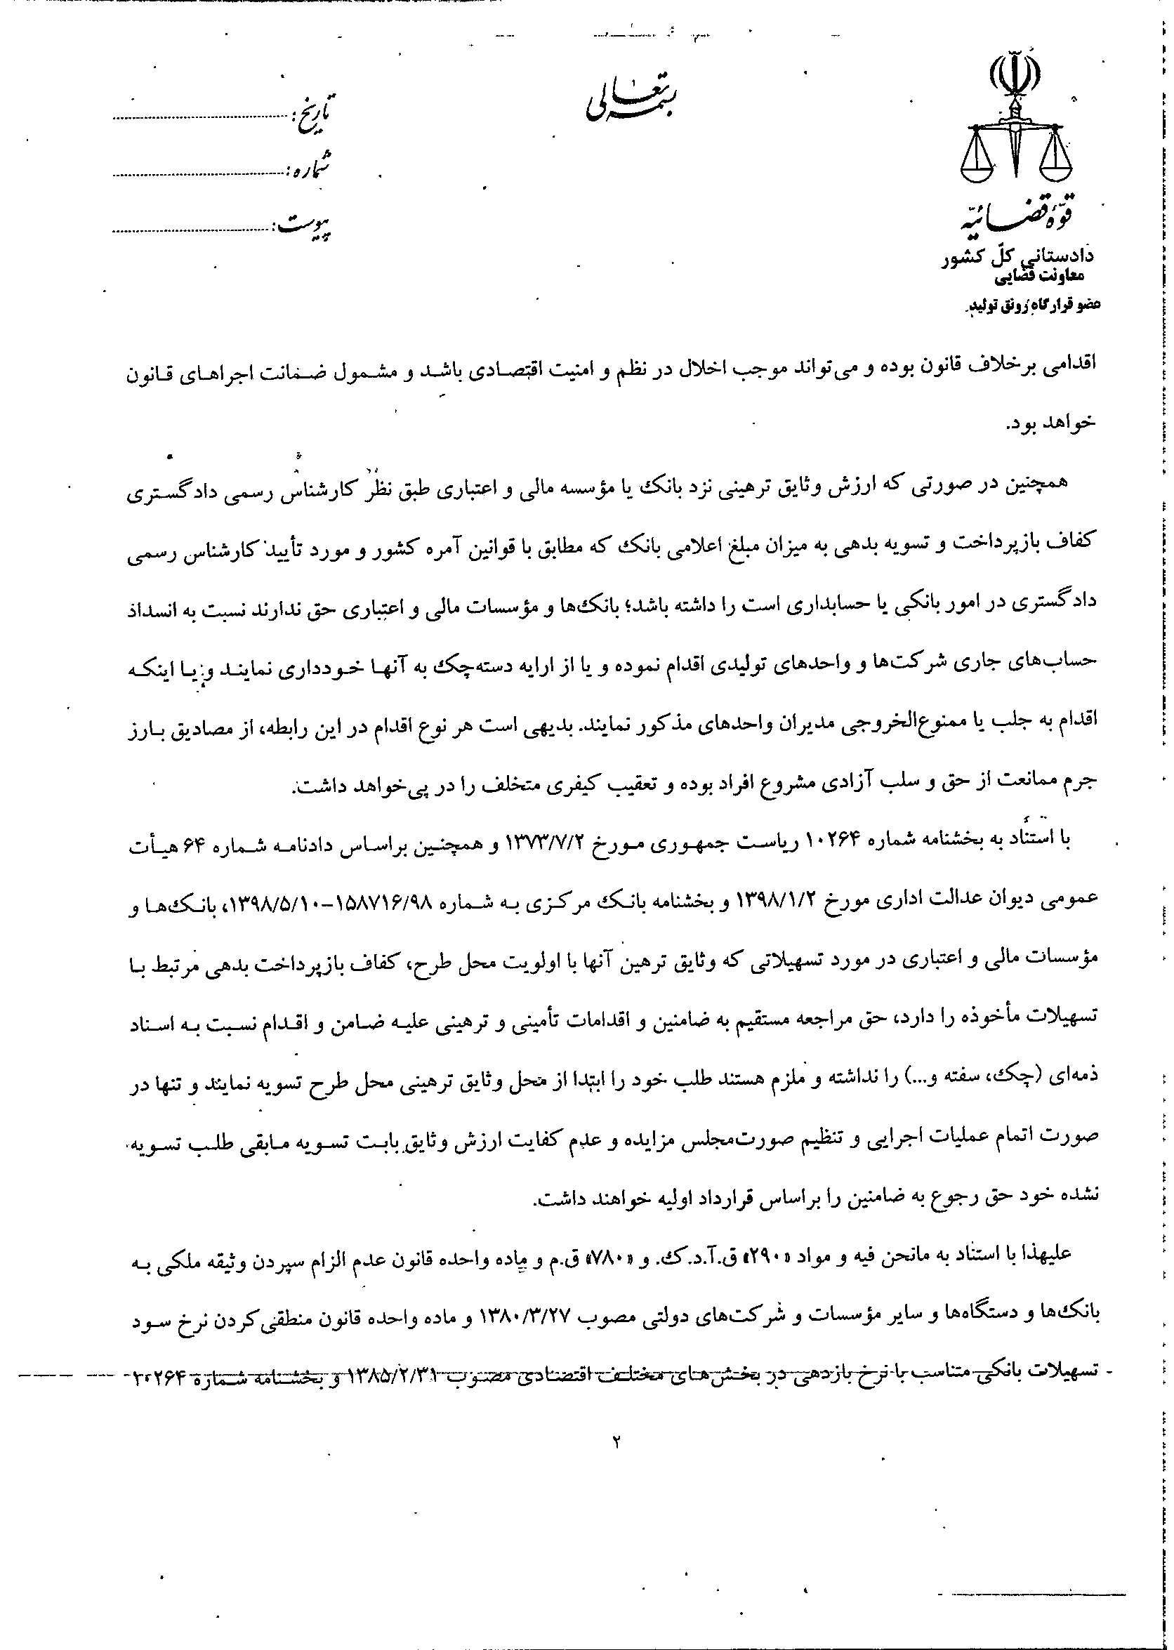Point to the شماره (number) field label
(310, 169)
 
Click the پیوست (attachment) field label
(304, 225)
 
